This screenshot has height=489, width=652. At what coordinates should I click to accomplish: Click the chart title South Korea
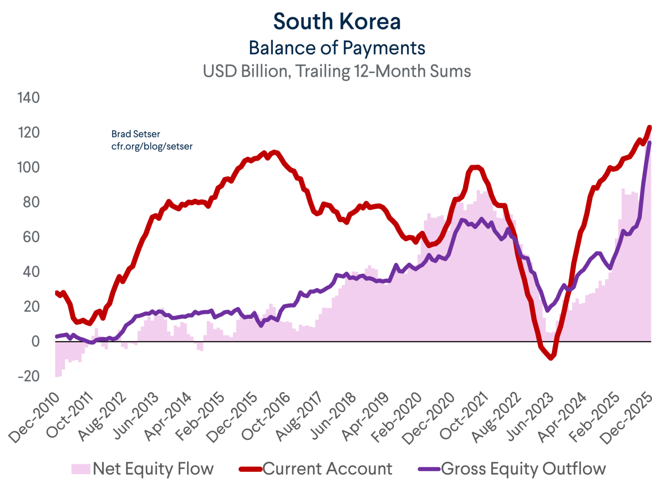point(337,21)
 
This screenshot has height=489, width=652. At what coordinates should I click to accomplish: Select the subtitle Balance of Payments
point(337,48)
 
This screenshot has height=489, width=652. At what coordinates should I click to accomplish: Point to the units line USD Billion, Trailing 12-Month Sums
point(337,71)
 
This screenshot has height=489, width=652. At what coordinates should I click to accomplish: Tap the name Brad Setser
point(135,134)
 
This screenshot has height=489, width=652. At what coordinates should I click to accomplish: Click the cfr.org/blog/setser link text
point(152,146)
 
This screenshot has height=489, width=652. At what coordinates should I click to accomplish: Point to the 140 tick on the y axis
point(29,98)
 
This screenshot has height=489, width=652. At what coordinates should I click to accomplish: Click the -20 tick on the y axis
point(29,376)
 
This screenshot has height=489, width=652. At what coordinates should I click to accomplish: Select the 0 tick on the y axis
point(35,342)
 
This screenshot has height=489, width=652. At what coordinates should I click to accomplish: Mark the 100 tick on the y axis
point(29,167)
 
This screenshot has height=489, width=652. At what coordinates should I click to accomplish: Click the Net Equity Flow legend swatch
point(81,469)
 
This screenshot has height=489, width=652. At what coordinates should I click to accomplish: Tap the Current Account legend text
point(327,469)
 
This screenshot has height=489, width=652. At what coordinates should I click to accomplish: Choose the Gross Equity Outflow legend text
point(523,469)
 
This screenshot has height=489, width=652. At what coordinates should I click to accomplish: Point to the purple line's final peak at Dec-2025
point(649,143)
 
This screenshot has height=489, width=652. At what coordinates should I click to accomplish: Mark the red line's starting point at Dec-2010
point(56,293)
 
